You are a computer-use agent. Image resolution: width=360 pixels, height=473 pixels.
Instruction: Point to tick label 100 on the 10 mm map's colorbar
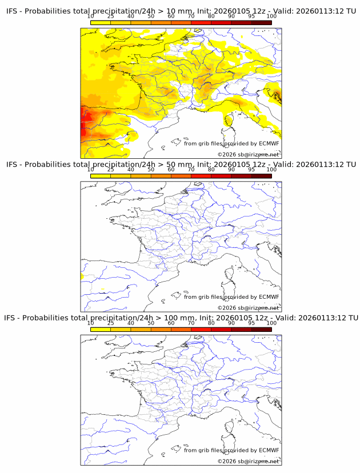coord(271,16)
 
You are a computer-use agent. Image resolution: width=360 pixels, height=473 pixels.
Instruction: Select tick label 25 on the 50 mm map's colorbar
coord(110,170)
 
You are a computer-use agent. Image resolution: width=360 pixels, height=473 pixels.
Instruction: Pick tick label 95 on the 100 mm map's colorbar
coord(251,323)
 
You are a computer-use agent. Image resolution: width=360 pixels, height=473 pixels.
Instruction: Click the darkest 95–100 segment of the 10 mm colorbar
coord(261,22)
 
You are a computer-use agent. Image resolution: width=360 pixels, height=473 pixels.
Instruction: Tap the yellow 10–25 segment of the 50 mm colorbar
coord(101,176)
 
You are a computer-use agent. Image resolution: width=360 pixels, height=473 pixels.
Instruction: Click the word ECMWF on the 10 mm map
coord(269,143)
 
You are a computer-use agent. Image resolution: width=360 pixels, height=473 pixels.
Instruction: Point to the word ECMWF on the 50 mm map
coord(269,297)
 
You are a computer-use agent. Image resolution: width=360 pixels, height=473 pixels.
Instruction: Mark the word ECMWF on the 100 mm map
coord(269,450)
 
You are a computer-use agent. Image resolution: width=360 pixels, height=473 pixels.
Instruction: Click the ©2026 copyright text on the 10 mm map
coord(249,155)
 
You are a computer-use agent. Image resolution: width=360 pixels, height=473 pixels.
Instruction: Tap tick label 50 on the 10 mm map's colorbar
coord(151,16)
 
